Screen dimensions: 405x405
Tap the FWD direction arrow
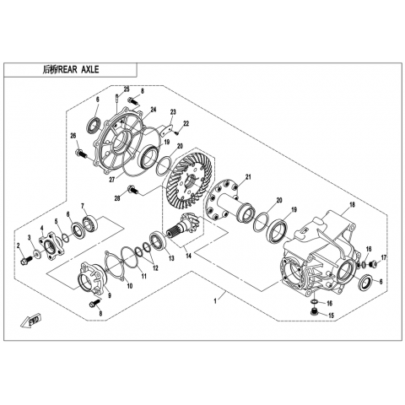click(31, 321)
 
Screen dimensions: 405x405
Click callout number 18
click(352, 204)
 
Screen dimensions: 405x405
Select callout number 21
click(248, 177)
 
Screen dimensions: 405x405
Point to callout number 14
click(188, 256)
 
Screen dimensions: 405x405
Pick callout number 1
click(215, 301)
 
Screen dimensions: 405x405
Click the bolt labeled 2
click(25, 260)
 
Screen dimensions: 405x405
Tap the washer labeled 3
click(36, 254)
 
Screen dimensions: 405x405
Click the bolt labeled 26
click(82, 154)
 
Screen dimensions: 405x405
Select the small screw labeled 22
click(177, 132)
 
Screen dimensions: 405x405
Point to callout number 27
click(112, 180)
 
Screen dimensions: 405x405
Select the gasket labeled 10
click(114, 266)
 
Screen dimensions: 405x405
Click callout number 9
click(109, 295)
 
